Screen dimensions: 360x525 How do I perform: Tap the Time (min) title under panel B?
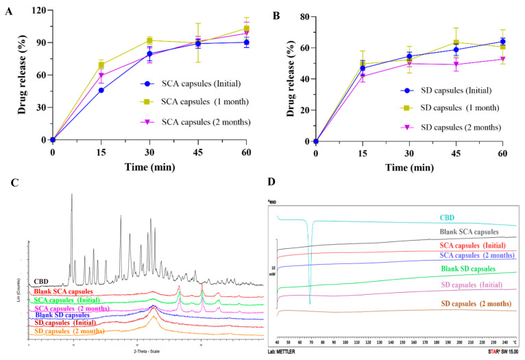pyautogui.click(x=408, y=167)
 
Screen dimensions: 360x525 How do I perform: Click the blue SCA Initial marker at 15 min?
pyautogui.click(x=101, y=90)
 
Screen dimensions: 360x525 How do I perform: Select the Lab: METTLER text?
pyautogui.click(x=290, y=352)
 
